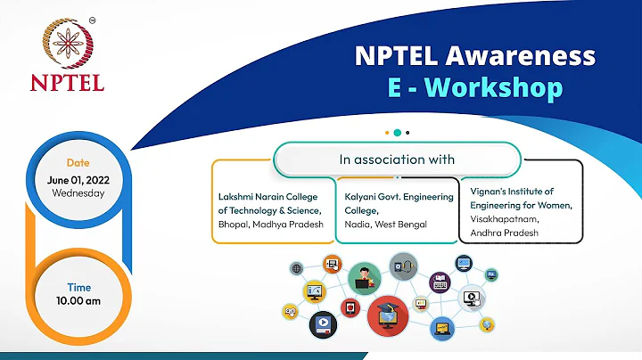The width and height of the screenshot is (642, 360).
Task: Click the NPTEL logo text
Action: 67,83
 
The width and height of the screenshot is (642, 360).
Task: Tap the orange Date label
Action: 78,162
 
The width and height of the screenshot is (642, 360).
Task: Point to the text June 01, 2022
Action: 78,178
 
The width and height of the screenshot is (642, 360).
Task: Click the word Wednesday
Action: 78,192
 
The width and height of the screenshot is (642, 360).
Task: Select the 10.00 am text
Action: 78,300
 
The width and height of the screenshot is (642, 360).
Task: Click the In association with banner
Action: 397,160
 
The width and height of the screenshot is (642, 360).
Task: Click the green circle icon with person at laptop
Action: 364,275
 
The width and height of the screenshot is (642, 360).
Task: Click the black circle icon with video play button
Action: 322,325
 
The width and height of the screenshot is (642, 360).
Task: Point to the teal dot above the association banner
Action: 397,132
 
